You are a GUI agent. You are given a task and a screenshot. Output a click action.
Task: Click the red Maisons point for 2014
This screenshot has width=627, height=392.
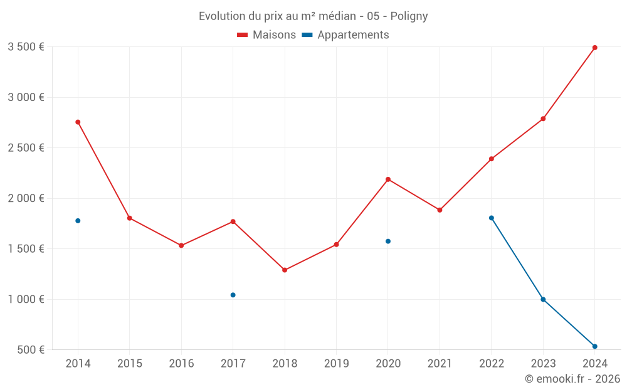pyautogui.click(x=78, y=122)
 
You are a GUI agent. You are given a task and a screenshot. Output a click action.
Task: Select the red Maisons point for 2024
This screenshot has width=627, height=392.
pyautogui.click(x=594, y=48)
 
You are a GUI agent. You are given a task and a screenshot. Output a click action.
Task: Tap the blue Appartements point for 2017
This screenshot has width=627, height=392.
pyautogui.click(x=233, y=295)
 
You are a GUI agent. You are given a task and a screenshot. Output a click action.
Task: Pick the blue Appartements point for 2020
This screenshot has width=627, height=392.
pyautogui.click(x=388, y=241)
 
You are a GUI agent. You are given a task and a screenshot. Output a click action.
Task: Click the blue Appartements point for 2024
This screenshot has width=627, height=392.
pyautogui.click(x=594, y=346)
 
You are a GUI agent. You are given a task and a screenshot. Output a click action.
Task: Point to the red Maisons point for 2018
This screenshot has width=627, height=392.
pyautogui.click(x=285, y=270)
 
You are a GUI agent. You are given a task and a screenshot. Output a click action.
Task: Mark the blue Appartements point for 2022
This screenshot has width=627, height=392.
pyautogui.click(x=492, y=218)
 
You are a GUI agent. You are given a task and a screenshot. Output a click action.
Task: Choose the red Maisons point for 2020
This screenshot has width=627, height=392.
pyautogui.click(x=388, y=179)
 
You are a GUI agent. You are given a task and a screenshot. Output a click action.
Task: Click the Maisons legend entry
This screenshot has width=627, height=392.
pyautogui.click(x=266, y=35)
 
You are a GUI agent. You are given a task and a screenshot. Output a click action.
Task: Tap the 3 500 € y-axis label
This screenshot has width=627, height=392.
pyautogui.click(x=26, y=47)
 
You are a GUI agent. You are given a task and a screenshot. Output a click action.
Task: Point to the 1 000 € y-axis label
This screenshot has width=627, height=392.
pyautogui.click(x=26, y=299)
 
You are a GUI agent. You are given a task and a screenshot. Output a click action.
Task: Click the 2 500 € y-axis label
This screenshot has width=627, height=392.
pyautogui.click(x=26, y=148)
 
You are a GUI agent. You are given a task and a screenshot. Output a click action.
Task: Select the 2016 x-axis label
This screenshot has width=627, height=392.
pyautogui.click(x=181, y=364)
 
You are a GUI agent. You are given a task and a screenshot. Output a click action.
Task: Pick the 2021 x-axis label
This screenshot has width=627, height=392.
pyautogui.click(x=440, y=364)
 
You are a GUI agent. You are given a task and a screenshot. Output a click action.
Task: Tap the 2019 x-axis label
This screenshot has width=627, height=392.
pyautogui.click(x=336, y=364)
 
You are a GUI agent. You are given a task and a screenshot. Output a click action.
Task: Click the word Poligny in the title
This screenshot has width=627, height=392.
pyautogui.click(x=409, y=16)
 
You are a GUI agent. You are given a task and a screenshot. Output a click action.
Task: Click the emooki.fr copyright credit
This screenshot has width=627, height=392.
pyautogui.click(x=572, y=379)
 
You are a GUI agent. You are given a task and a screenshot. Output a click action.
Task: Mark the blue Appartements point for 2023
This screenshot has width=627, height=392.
pyautogui.click(x=543, y=299)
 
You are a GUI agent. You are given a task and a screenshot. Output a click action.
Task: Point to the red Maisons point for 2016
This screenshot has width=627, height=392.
pyautogui.click(x=181, y=245)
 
